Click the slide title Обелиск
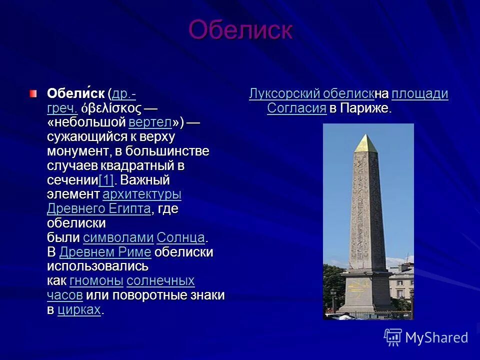click(240, 30)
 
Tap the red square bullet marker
click(33, 93)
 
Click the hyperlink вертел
click(150, 122)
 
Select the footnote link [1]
click(106, 180)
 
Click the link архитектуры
click(141, 194)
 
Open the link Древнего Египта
click(98, 208)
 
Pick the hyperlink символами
click(118, 237)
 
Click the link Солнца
click(180, 237)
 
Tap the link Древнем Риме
click(105, 251)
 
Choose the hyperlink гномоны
click(96, 280)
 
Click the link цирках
click(79, 309)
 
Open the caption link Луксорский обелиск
click(311, 94)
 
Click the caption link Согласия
click(296, 108)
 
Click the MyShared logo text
click(436, 337)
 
